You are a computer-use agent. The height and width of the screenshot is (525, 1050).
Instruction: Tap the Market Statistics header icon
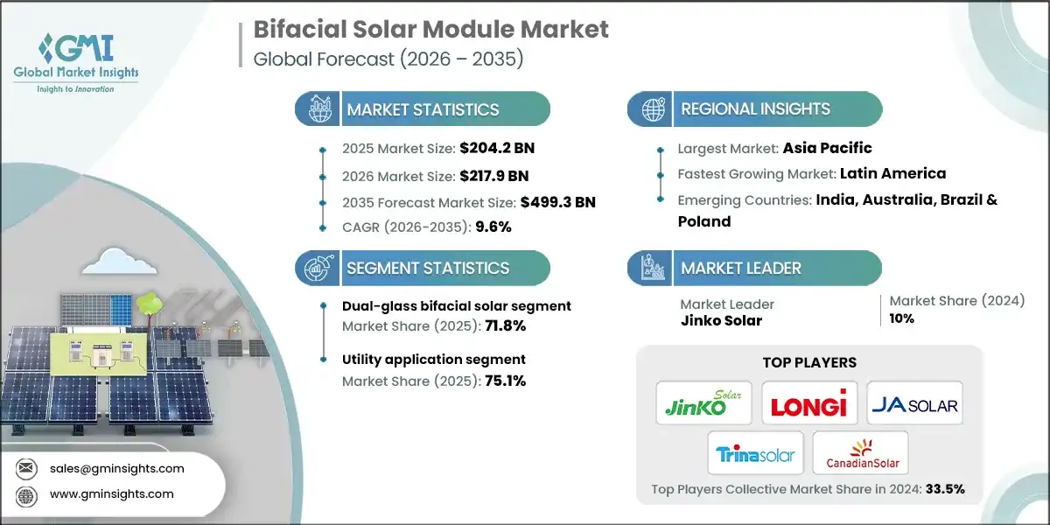pos(317,109)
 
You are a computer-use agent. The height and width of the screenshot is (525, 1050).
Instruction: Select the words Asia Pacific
pos(828,148)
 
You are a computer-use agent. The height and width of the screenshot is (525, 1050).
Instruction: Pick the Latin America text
pos(892,173)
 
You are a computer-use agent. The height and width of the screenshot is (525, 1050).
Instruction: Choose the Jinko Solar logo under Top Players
pos(704,403)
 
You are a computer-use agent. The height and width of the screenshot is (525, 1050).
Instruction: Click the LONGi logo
pos(809,403)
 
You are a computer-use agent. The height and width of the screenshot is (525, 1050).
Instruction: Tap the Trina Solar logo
pos(755,453)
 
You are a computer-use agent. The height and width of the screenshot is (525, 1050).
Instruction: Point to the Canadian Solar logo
pos(860,453)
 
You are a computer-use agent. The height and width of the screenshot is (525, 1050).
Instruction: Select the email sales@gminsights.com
pos(117,468)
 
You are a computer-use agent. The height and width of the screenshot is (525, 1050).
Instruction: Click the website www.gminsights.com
pos(112,493)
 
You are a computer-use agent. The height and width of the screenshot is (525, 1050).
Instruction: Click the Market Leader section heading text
pos(740,269)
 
